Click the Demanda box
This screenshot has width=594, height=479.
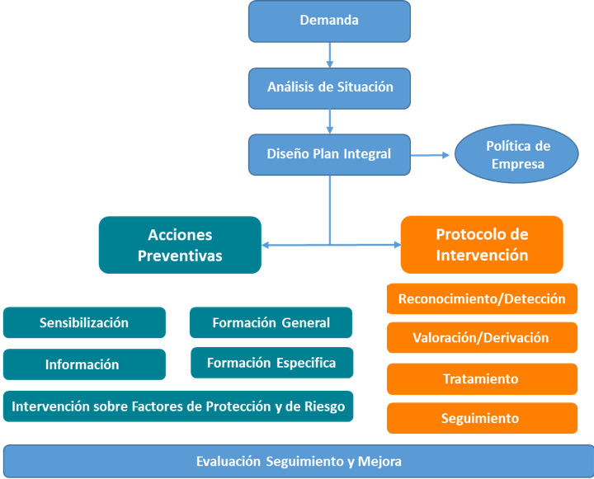pyautogui.click(x=329, y=21)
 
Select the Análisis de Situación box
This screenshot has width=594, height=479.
pyautogui.click(x=329, y=88)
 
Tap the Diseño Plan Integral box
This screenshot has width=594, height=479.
pyautogui.click(x=329, y=155)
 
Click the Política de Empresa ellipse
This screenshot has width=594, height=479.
pyautogui.click(x=516, y=154)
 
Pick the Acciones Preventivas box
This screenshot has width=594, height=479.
pyautogui.click(x=180, y=245)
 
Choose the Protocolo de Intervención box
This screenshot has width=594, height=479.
pyautogui.click(x=482, y=245)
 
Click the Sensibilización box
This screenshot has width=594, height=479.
pyautogui.click(x=84, y=322)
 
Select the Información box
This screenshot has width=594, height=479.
pyautogui.click(x=84, y=364)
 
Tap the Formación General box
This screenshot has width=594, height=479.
pyautogui.click(x=271, y=322)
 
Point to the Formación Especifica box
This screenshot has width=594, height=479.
pyautogui.click(x=272, y=363)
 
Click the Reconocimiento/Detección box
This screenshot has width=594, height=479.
pyautogui.click(x=482, y=298)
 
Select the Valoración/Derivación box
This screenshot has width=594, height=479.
pyautogui.click(x=482, y=337)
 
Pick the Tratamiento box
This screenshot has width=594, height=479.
pyautogui.click(x=482, y=379)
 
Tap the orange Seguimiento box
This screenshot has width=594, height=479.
pyautogui.click(x=482, y=418)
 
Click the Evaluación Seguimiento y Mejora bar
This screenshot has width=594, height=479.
pyautogui.click(x=299, y=461)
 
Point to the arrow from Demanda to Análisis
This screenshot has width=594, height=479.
pyautogui.click(x=329, y=55)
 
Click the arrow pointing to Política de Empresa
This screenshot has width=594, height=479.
pyautogui.click(x=430, y=155)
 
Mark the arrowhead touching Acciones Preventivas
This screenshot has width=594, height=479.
pyautogui.click(x=265, y=246)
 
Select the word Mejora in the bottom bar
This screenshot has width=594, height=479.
pyautogui.click(x=379, y=461)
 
